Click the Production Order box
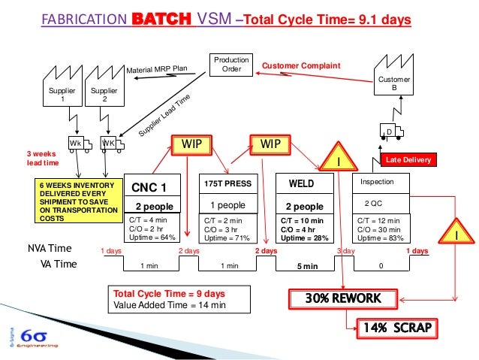click(x=231, y=65)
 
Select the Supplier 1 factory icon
click(x=63, y=92)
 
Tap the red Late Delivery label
click(x=409, y=160)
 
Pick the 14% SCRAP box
click(x=394, y=328)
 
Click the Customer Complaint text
click(x=300, y=66)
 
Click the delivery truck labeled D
click(x=391, y=132)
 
